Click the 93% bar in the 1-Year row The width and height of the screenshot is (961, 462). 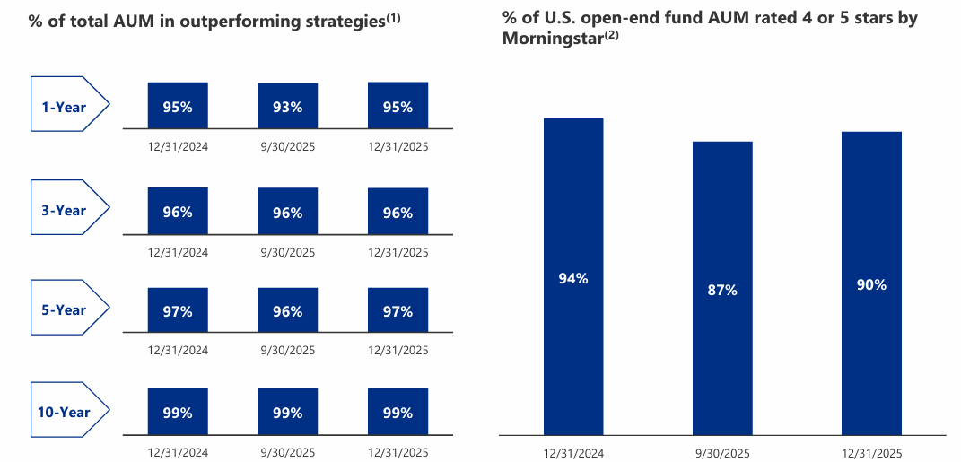point(288,106)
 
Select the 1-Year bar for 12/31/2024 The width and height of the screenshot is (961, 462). point(178,106)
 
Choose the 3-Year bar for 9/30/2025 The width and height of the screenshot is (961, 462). point(288,212)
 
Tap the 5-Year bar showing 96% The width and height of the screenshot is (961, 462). point(288,311)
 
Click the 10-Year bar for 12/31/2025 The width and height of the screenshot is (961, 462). point(398,413)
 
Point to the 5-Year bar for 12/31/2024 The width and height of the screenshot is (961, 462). point(178,311)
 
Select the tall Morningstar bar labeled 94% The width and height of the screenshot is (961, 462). point(573,277)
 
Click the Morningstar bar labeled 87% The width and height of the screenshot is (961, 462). point(722,289)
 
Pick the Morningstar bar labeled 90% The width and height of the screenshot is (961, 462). point(871,283)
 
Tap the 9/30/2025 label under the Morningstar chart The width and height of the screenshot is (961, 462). point(722,452)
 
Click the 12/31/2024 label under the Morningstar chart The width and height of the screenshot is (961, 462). point(573,452)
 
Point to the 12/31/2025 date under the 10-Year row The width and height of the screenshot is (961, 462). point(398,452)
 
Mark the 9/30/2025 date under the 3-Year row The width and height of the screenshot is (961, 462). point(288,253)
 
